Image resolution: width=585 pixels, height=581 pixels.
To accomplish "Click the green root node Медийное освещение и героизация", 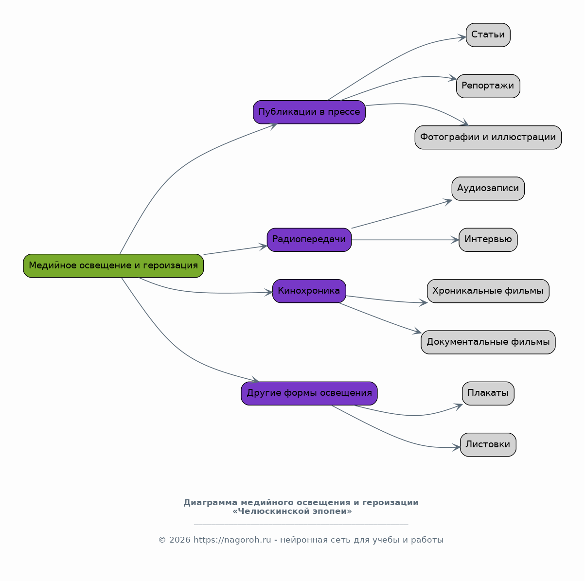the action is [x=113, y=265].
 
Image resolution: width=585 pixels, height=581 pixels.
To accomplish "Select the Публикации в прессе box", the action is [x=309, y=112].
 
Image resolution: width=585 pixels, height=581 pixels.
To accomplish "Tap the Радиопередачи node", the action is [x=309, y=240].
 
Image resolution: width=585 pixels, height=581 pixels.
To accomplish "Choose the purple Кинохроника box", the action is [x=309, y=291].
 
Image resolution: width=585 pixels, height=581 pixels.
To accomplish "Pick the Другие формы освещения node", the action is [x=309, y=393].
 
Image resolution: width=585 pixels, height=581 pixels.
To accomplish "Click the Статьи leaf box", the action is [x=488, y=35].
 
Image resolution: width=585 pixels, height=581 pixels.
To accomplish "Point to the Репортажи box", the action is [x=488, y=86].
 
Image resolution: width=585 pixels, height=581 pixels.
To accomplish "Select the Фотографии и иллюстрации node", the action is [x=488, y=138].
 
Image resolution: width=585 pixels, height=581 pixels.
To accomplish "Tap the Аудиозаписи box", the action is [x=488, y=189].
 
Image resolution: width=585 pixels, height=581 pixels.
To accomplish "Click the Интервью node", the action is [x=488, y=240].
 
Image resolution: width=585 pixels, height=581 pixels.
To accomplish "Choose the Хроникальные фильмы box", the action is [x=488, y=291].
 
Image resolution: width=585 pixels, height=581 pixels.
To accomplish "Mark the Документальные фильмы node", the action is [x=488, y=342].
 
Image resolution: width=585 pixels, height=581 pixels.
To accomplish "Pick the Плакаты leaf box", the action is [x=488, y=393].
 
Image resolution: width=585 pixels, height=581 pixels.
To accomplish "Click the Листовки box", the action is [x=488, y=445].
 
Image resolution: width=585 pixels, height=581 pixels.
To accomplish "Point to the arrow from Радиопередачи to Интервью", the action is [x=405, y=240].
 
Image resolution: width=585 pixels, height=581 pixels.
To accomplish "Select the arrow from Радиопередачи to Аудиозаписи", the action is [x=402, y=214].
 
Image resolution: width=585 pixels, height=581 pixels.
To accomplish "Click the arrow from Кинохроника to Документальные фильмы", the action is [x=380, y=318].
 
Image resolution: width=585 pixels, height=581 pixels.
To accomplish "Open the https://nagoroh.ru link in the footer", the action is [x=232, y=540].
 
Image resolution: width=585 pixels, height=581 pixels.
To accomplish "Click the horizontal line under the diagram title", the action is [x=301, y=524].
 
